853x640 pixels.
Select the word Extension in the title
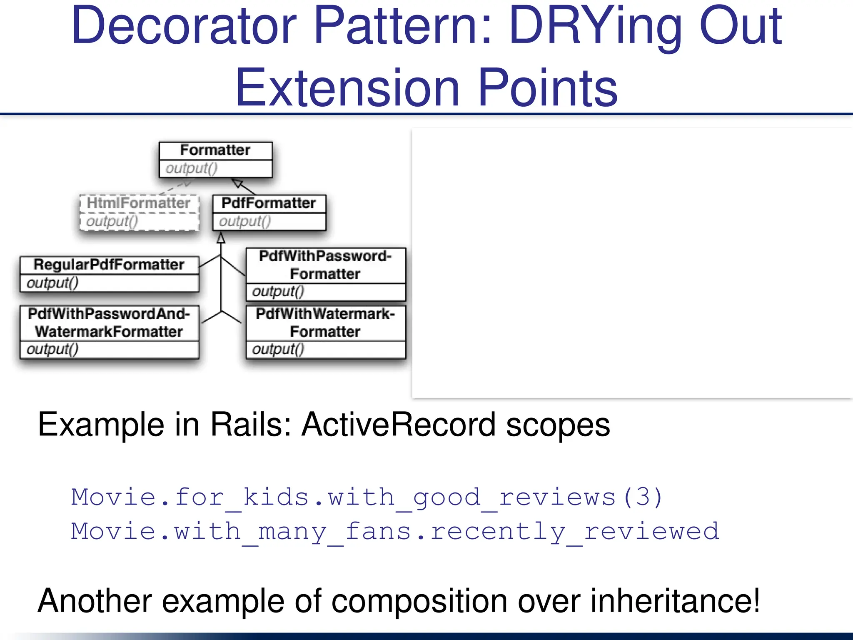pyautogui.click(x=347, y=88)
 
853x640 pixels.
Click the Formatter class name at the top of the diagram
pyautogui.click(x=215, y=150)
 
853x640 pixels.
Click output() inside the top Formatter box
pyautogui.click(x=191, y=168)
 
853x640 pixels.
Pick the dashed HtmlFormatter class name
pyautogui.click(x=138, y=203)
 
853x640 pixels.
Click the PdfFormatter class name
pyautogui.click(x=268, y=203)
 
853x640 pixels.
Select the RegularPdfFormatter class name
pyautogui.click(x=109, y=264)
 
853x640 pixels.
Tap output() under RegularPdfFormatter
pyautogui.click(x=52, y=283)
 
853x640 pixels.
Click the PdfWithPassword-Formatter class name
pyautogui.click(x=325, y=265)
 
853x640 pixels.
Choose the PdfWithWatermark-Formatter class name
pyautogui.click(x=325, y=322)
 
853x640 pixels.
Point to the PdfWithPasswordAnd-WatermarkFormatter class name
pyautogui.click(x=109, y=322)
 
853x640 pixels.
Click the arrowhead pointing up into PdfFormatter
pyautogui.click(x=221, y=238)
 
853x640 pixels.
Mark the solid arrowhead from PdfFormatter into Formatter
pyautogui.click(x=237, y=183)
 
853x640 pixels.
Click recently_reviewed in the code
pyautogui.click(x=575, y=532)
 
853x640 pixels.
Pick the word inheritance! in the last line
pyautogui.click(x=675, y=601)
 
